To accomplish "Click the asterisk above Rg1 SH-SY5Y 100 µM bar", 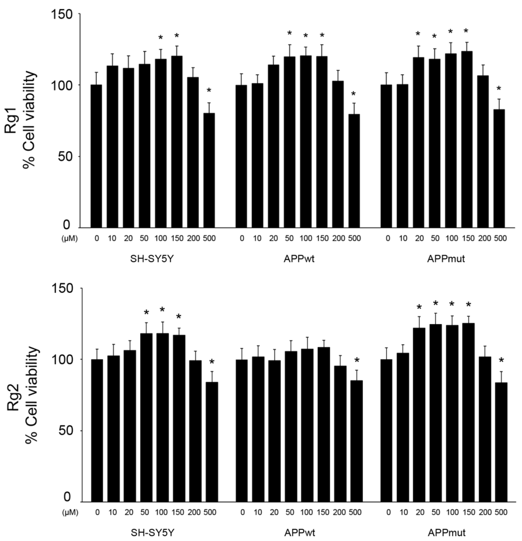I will pyautogui.click(x=160, y=37).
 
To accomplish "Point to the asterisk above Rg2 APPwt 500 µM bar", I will pyautogui.click(x=357, y=360).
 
